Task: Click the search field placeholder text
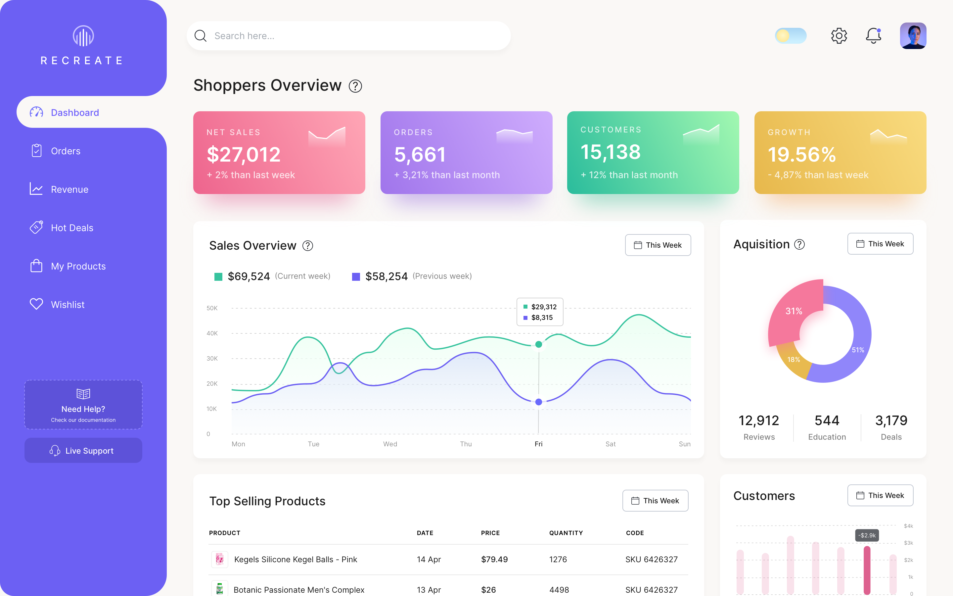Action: click(244, 36)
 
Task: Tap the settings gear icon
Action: click(839, 36)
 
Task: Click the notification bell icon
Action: click(873, 36)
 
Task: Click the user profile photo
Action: click(913, 36)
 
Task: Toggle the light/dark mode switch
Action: click(790, 36)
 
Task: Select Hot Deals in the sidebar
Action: click(72, 228)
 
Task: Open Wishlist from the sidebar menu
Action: click(68, 305)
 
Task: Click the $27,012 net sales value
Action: click(243, 155)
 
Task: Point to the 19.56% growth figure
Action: click(801, 155)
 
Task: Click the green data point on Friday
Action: click(539, 344)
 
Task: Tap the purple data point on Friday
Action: click(539, 402)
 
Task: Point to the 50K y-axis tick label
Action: click(212, 308)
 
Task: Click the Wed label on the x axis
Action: click(390, 444)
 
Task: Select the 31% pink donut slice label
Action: click(794, 311)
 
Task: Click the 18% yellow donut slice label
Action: click(794, 360)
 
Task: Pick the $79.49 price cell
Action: click(494, 559)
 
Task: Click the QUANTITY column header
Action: click(566, 533)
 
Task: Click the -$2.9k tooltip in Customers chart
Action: click(867, 535)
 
